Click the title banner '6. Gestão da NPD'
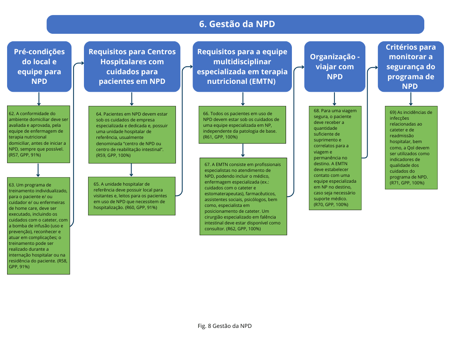click(235, 24)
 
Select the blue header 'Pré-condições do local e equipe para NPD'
click(39, 66)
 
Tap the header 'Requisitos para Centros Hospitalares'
click(132, 66)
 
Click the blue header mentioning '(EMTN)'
click(242, 66)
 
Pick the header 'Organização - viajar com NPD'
click(334, 66)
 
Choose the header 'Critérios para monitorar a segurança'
click(410, 66)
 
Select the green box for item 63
click(38, 225)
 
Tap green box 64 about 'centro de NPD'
click(132, 134)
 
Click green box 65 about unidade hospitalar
click(132, 196)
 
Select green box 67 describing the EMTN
click(242, 196)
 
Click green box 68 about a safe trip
click(335, 158)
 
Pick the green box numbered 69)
click(411, 147)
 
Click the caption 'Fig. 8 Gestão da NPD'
click(225, 326)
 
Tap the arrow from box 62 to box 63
click(38, 170)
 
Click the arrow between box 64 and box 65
click(132, 169)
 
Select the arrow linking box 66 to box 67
click(243, 151)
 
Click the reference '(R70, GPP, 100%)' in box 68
click(331, 204)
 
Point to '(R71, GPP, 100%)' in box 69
click(407, 183)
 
